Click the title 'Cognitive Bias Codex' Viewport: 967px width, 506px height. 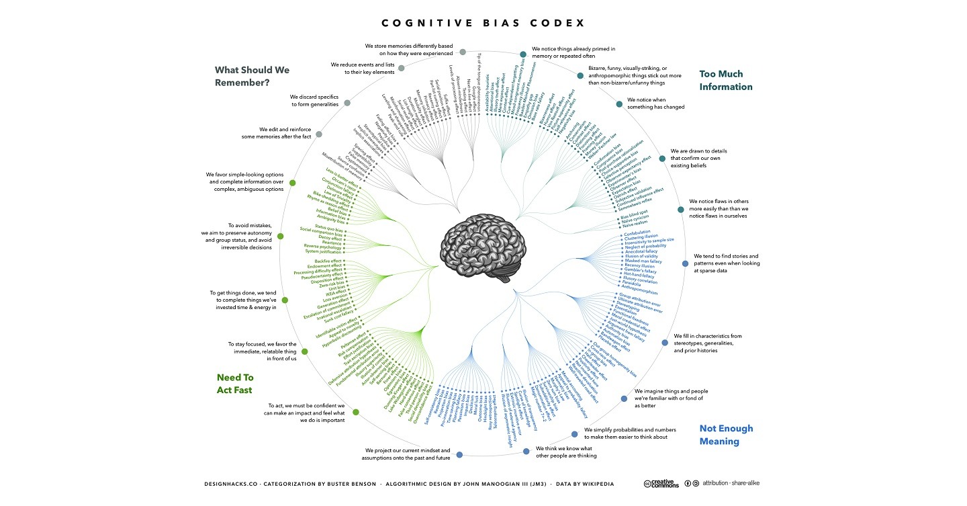[x=483, y=23]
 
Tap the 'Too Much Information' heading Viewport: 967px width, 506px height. [x=725, y=80]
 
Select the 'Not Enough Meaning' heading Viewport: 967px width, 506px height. [x=726, y=435]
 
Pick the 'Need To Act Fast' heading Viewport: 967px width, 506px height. [x=234, y=384]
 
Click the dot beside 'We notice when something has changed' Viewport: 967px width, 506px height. [x=618, y=103]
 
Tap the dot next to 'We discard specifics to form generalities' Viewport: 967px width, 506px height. [x=347, y=103]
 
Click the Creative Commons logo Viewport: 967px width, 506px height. [x=661, y=483]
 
